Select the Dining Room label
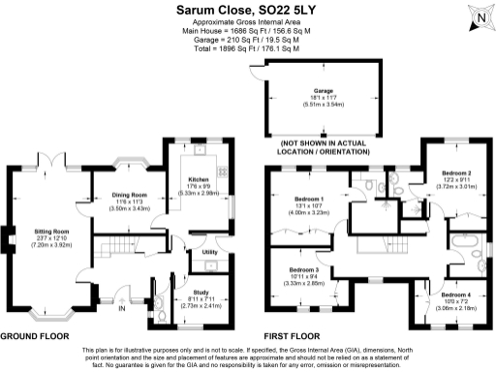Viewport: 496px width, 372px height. coord(127,195)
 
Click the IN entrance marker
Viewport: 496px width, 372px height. coord(122,311)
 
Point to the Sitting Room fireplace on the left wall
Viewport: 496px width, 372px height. coord(11,237)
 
